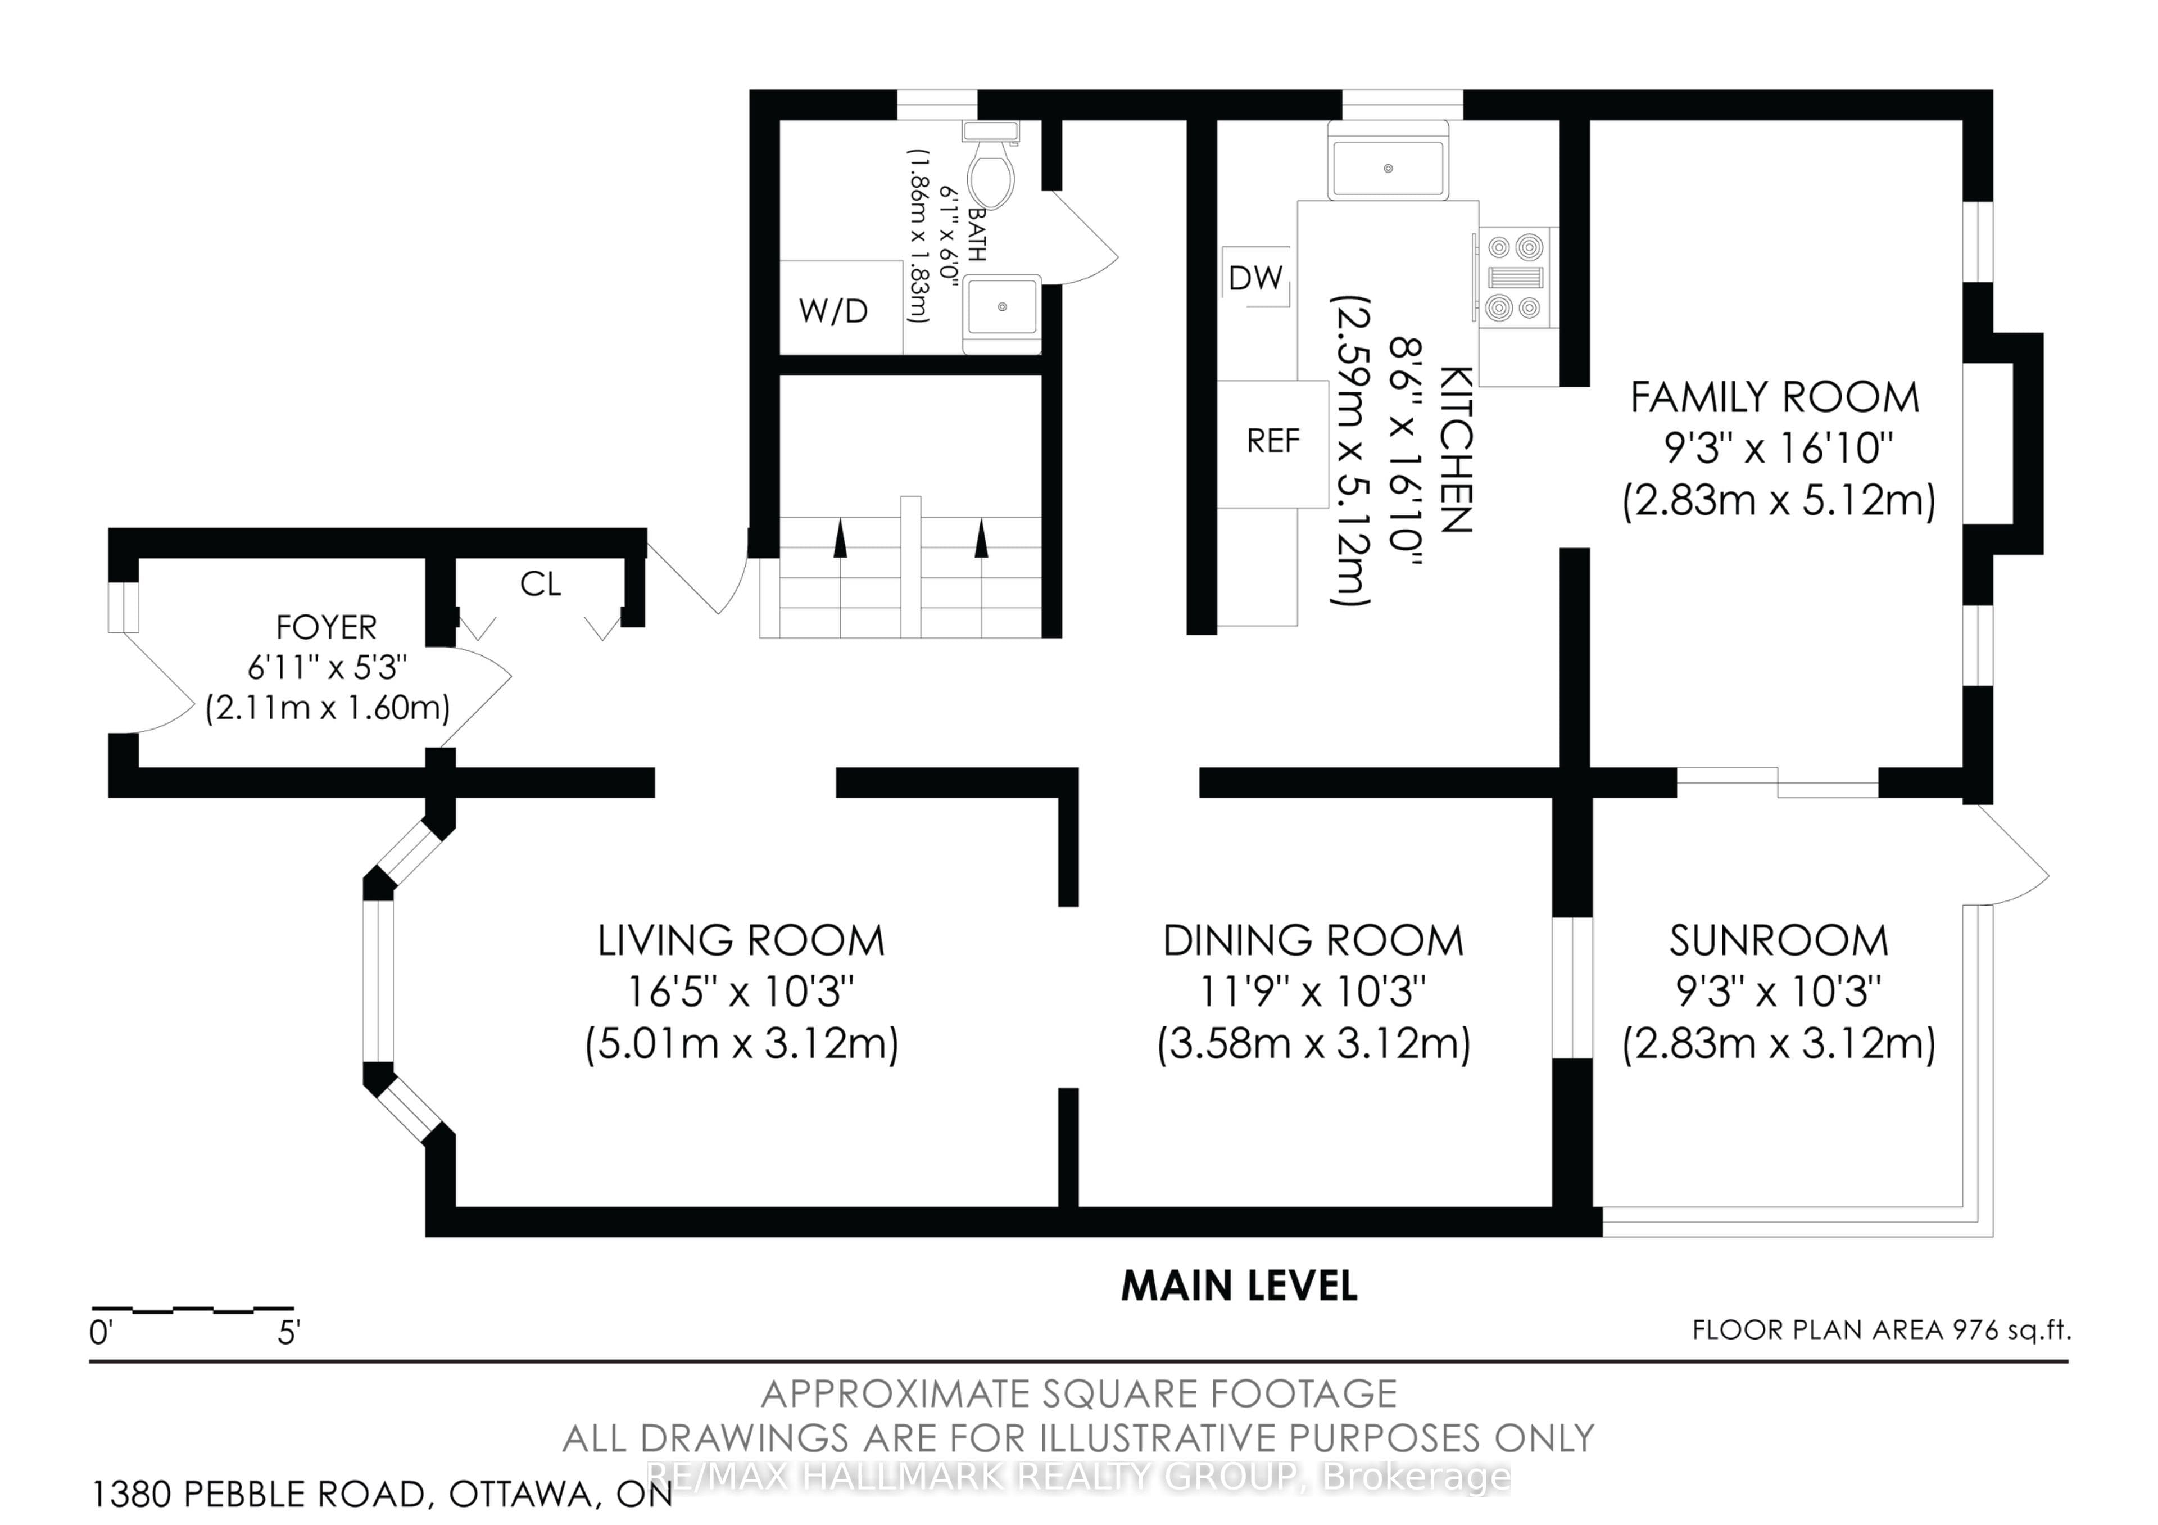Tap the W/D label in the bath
point(833,310)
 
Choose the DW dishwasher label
point(1255,277)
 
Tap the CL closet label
point(541,584)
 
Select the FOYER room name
point(326,627)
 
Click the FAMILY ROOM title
point(1775,398)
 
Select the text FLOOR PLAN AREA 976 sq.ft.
point(1882,1329)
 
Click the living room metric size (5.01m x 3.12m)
point(742,1044)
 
